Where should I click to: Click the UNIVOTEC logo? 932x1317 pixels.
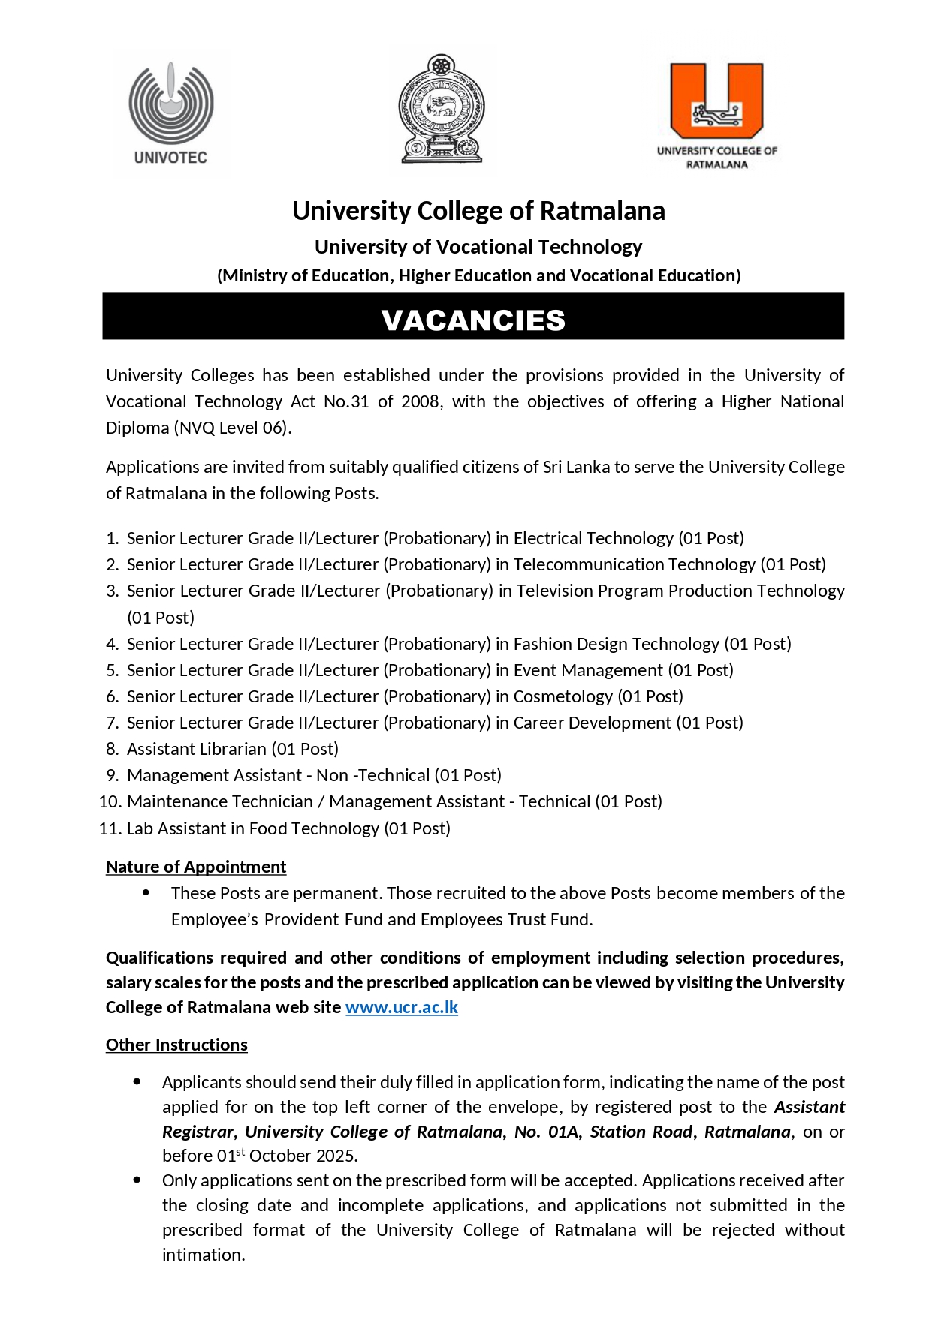coord(170,113)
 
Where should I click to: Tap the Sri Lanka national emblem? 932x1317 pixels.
coord(441,108)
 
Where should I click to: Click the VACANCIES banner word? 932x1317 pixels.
coord(473,320)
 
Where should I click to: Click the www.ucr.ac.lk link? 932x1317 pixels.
coord(402,1007)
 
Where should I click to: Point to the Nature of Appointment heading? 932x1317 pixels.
coord(196,867)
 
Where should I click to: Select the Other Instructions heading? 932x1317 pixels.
coord(176,1045)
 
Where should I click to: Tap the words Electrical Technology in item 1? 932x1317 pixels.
coord(593,538)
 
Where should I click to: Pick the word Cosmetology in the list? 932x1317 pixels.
coord(563,696)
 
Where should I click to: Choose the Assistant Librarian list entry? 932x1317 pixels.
coord(197,749)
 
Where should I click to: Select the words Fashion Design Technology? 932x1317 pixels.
coord(616,644)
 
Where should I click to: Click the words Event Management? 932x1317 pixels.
coord(588,670)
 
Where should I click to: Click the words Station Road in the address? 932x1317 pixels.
coord(641,1132)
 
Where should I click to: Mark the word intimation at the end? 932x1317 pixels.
coord(203,1255)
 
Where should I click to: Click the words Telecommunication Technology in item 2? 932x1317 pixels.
coord(634,564)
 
